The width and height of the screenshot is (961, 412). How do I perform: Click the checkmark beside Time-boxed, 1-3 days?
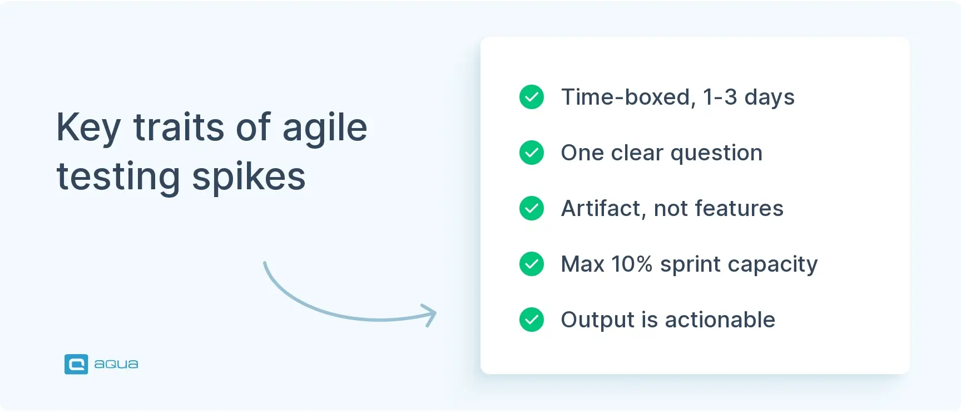(x=532, y=97)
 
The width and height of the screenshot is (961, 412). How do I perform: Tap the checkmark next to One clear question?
(x=532, y=153)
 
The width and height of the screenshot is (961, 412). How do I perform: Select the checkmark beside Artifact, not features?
(x=532, y=208)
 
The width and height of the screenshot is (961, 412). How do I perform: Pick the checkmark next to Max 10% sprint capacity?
(x=532, y=264)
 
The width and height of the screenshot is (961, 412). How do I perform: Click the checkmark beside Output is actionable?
(x=532, y=320)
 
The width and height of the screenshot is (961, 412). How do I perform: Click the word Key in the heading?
(x=88, y=128)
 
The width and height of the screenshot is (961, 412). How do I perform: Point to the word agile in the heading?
(x=325, y=128)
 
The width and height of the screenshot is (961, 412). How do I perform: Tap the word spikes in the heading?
(x=249, y=177)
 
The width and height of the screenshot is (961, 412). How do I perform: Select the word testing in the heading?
(x=118, y=177)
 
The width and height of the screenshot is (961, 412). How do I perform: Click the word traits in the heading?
(x=179, y=128)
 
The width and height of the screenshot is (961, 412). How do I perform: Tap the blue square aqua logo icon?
(x=76, y=364)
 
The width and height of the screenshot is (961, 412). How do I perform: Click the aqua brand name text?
(x=116, y=364)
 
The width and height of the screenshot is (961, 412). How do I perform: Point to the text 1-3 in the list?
(x=720, y=97)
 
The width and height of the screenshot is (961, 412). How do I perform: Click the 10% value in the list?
(x=632, y=264)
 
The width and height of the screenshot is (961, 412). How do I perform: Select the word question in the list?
(x=716, y=153)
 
